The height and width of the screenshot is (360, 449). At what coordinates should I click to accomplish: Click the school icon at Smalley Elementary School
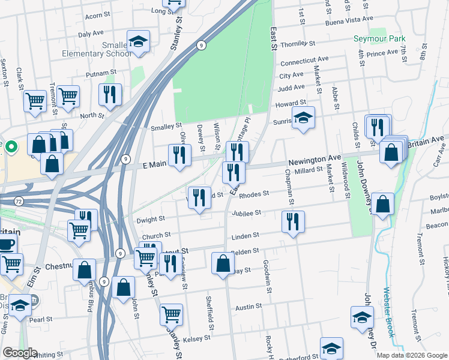(138, 41)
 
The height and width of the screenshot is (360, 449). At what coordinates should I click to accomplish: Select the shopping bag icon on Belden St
(223, 262)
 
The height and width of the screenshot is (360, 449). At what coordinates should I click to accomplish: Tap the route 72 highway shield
(19, 202)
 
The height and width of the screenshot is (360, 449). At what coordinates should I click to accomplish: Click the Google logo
(20, 353)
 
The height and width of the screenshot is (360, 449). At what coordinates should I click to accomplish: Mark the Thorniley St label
(297, 44)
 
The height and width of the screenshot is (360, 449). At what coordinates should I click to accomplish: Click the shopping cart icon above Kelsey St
(172, 313)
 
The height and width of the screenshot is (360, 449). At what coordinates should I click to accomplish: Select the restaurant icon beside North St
(110, 94)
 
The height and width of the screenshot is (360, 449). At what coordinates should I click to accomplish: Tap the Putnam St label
(101, 74)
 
